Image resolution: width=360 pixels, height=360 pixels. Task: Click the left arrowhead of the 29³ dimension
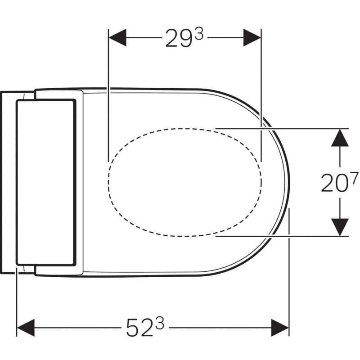pyautogui.click(x=117, y=37)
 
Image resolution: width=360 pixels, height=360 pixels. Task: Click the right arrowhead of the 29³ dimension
pyautogui.click(x=252, y=37)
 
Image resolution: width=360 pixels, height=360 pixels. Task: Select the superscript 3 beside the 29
pyautogui.click(x=198, y=34)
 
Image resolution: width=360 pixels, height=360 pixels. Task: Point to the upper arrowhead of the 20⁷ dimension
pyautogui.click(x=340, y=138)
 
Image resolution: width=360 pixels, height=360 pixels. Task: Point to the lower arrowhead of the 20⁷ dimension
pyautogui.click(x=340, y=227)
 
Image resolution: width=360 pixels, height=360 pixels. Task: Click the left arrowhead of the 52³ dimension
pyautogui.click(x=26, y=328)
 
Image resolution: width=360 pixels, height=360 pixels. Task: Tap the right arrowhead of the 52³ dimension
pyautogui.click(x=280, y=328)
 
